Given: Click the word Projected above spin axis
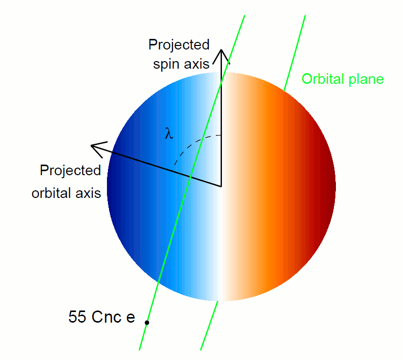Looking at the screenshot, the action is point(179,45).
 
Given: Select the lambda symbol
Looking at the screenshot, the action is point(168,133).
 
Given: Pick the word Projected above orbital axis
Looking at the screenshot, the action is point(70,171).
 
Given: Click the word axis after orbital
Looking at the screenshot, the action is point(87,193).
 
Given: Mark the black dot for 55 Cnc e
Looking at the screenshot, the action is point(147,323).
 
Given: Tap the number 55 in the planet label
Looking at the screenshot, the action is point(77,317).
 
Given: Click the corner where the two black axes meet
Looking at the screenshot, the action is point(221,186).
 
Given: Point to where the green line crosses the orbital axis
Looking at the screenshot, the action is point(191,177).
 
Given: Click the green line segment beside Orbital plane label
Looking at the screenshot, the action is point(295,53).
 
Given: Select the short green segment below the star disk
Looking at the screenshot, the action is point(209,326).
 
